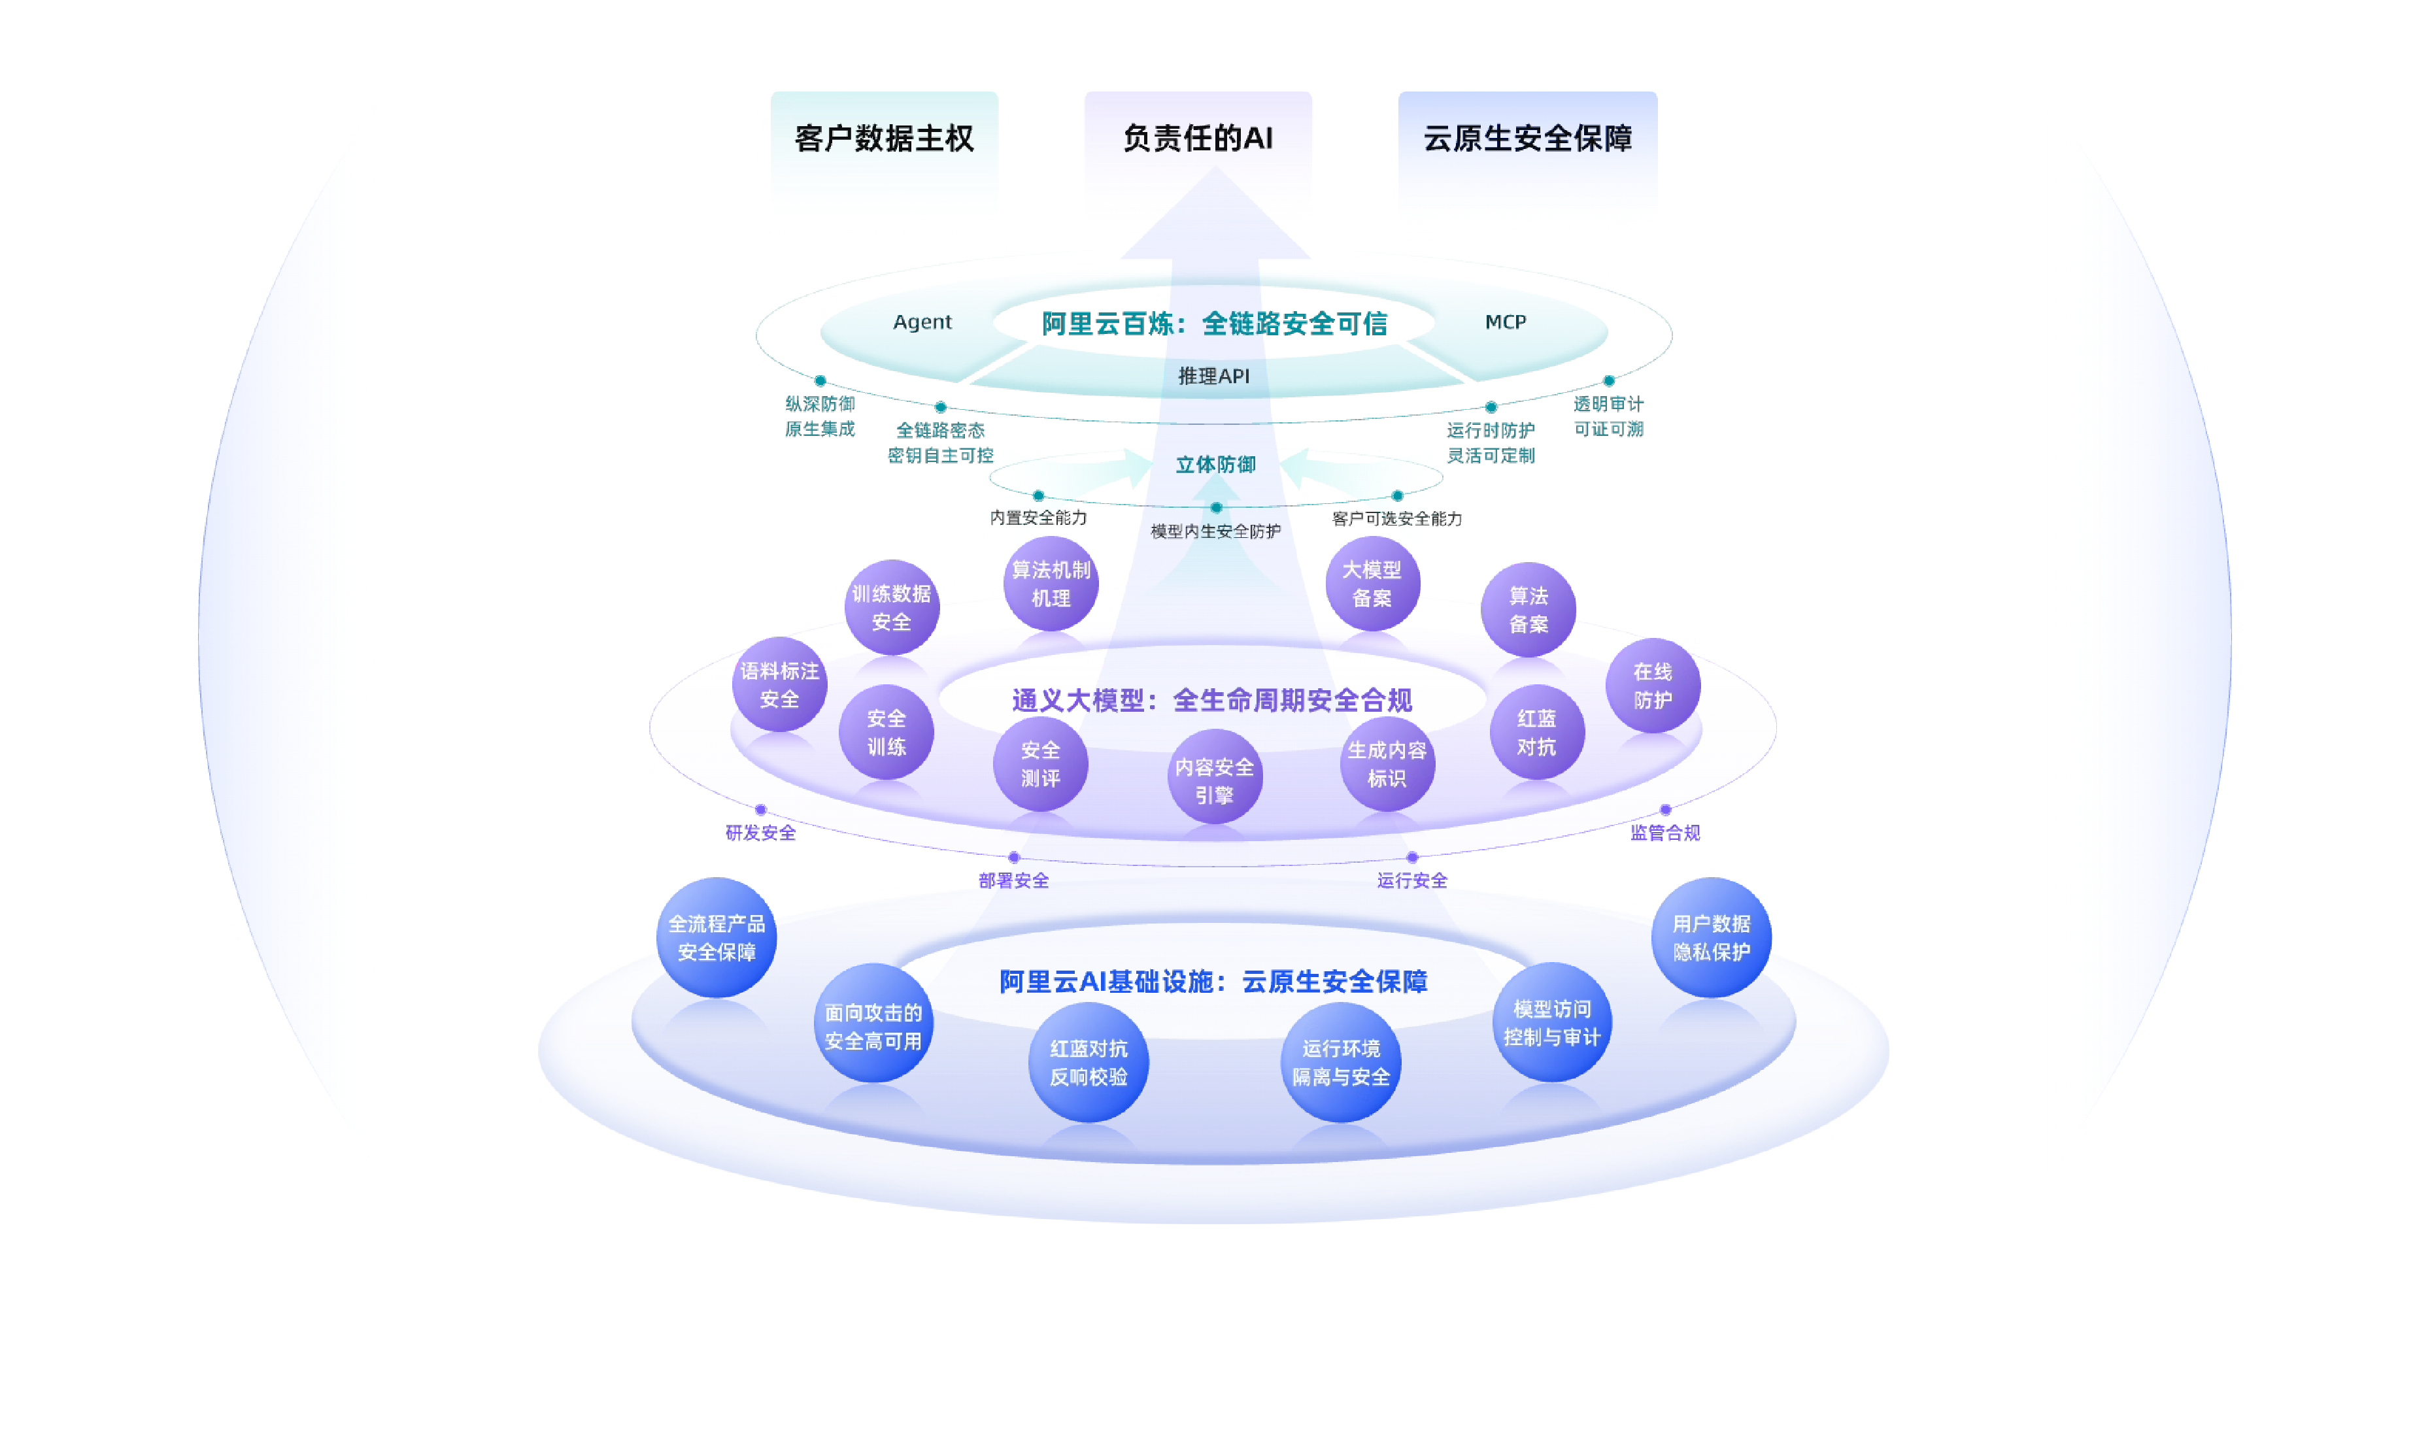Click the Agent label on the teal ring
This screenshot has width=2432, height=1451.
922,322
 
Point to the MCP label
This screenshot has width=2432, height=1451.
1505,322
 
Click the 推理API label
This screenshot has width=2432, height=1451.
1213,375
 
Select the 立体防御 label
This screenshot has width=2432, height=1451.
1215,465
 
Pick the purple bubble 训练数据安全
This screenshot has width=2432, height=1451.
892,607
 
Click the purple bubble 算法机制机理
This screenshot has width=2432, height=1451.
1051,584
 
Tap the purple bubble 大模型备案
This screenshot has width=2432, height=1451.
1372,584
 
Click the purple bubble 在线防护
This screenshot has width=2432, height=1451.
1653,686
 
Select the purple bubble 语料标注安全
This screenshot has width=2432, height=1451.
779,684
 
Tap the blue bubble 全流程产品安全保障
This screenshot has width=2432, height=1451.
717,938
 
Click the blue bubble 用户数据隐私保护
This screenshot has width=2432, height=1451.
1712,938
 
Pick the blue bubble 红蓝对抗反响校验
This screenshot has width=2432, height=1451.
1089,1062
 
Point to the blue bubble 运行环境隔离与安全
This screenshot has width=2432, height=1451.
1341,1062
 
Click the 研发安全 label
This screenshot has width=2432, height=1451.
761,833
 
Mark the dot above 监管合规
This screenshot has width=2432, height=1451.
1665,810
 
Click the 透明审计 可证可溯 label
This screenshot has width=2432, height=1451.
1609,416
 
